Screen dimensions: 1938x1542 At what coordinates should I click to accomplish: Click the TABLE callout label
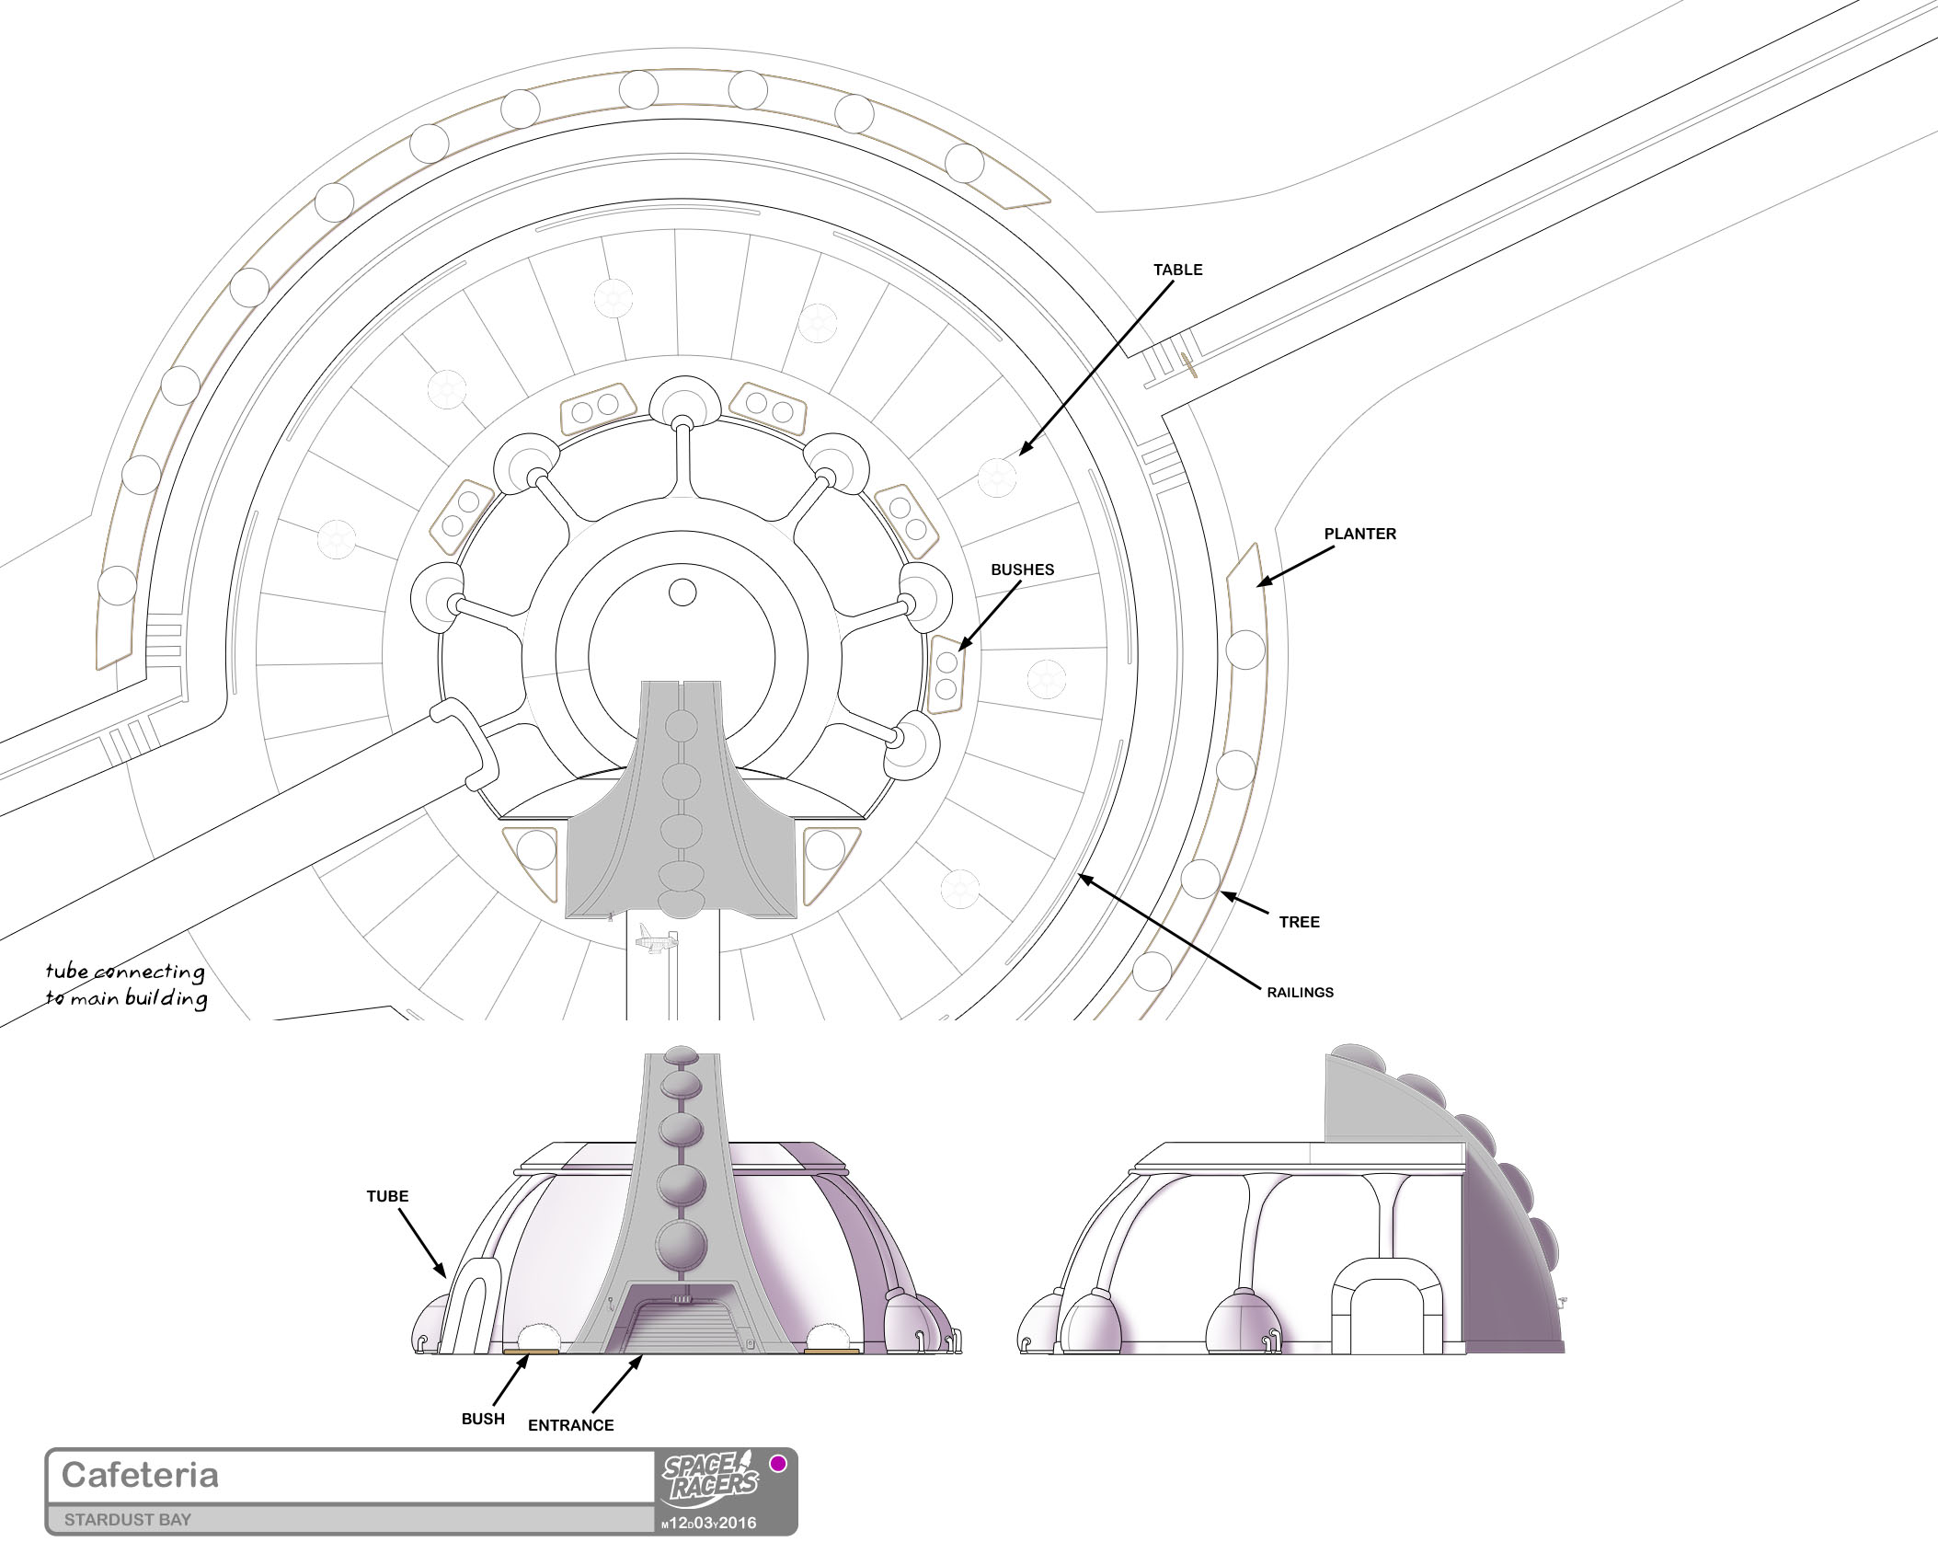click(1178, 270)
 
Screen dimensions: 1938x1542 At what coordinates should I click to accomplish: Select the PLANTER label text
click(1359, 534)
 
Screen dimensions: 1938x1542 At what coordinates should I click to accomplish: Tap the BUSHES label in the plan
click(1022, 570)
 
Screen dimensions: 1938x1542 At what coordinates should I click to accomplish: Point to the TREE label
click(1299, 922)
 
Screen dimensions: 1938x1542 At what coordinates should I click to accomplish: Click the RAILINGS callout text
click(1300, 993)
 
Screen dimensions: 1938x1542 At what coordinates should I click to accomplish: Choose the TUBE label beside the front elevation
click(387, 1196)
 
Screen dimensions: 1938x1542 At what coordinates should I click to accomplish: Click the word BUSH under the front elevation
click(483, 1419)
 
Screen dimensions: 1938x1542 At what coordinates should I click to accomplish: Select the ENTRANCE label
click(570, 1425)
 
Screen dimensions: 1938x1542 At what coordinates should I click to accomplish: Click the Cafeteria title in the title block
click(140, 1475)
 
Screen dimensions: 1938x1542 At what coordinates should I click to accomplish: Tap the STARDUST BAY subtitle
click(128, 1520)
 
